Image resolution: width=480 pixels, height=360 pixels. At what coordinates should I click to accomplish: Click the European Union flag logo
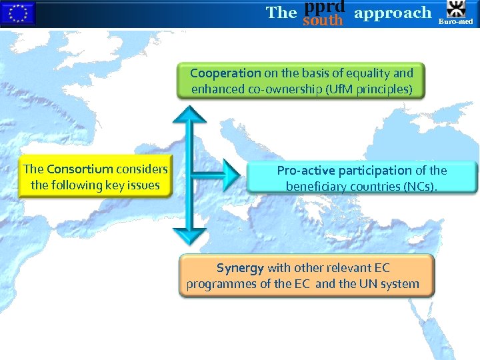17,13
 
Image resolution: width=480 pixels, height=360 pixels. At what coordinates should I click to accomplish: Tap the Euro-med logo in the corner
457,13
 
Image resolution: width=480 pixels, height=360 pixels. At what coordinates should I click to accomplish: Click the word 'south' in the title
323,21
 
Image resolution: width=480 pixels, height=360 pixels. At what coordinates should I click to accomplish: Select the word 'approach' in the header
393,12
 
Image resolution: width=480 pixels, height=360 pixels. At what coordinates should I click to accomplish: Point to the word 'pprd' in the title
324,6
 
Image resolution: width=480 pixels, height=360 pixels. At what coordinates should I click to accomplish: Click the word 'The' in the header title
281,12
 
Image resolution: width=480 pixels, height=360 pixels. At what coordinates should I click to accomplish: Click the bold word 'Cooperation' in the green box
225,73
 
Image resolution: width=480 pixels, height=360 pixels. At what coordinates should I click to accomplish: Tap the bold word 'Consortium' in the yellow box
80,169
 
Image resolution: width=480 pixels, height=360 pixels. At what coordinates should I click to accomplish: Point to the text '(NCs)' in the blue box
421,187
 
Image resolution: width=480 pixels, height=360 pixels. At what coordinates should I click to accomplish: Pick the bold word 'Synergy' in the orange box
240,268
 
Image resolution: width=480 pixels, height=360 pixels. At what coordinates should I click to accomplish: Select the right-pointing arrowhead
231,175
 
